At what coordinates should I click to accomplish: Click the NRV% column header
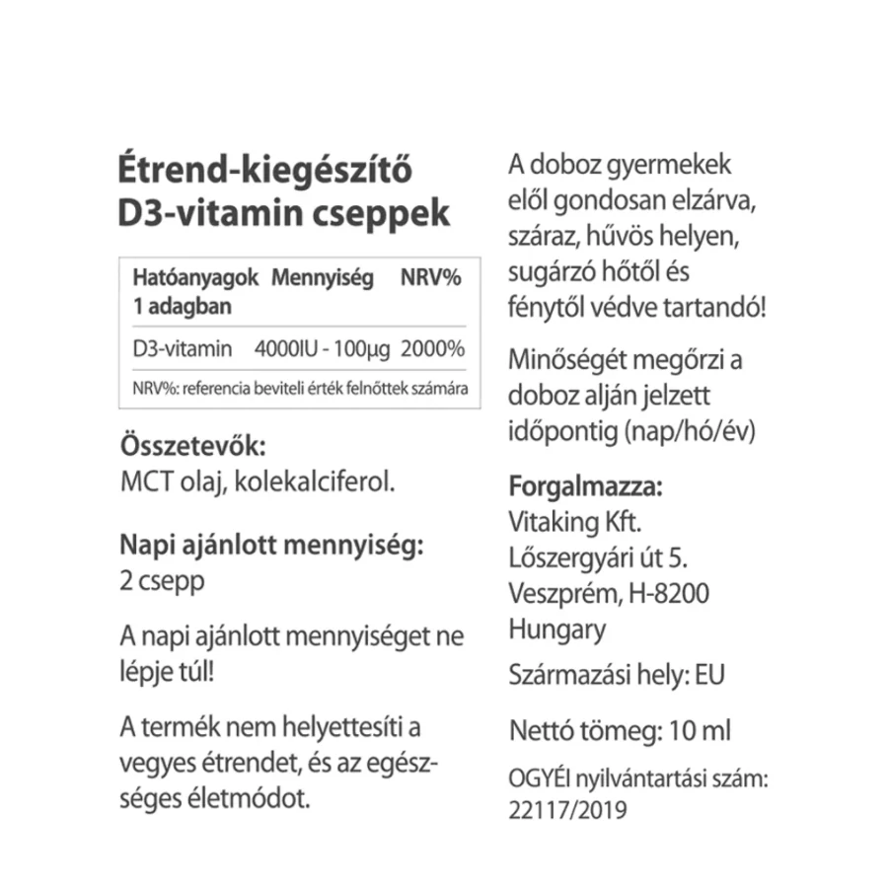[431, 279]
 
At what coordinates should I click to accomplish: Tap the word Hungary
[557, 629]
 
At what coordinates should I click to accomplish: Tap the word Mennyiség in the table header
[323, 279]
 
